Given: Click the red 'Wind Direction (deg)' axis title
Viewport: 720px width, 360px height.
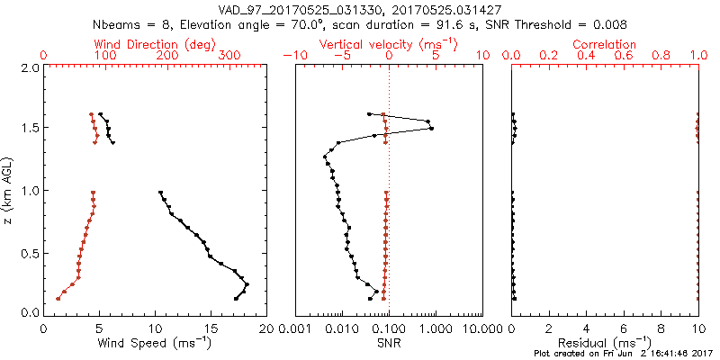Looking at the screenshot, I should (155, 44).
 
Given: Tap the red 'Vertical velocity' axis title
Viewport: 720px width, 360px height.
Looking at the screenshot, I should (389, 44).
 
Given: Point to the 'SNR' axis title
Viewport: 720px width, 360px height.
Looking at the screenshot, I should (389, 342).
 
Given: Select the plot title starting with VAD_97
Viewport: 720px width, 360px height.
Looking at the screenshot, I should (360, 9).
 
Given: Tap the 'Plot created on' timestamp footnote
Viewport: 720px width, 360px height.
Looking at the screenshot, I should (625, 354).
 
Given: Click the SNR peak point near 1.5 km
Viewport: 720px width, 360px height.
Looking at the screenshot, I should (432, 129).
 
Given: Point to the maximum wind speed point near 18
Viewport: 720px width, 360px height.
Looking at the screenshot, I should (247, 284).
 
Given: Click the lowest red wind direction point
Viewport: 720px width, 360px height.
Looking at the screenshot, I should (58, 298).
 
